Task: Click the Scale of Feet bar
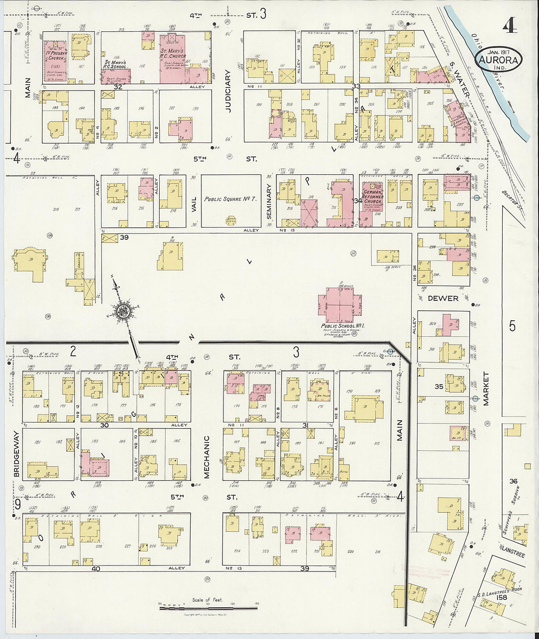tap(208, 608)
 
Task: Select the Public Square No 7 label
tap(230, 199)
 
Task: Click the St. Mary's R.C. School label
tap(116, 65)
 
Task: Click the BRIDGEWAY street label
tap(17, 454)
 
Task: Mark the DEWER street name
tap(443, 298)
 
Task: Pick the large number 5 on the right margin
tap(513, 326)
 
